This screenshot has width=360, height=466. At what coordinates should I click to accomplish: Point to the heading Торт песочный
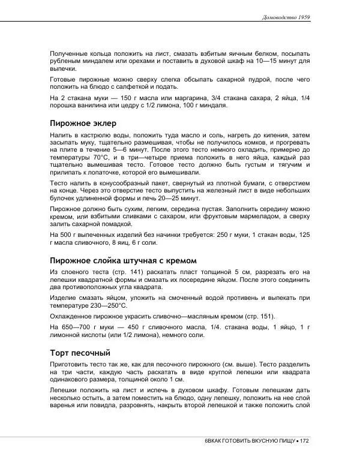[80, 353]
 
